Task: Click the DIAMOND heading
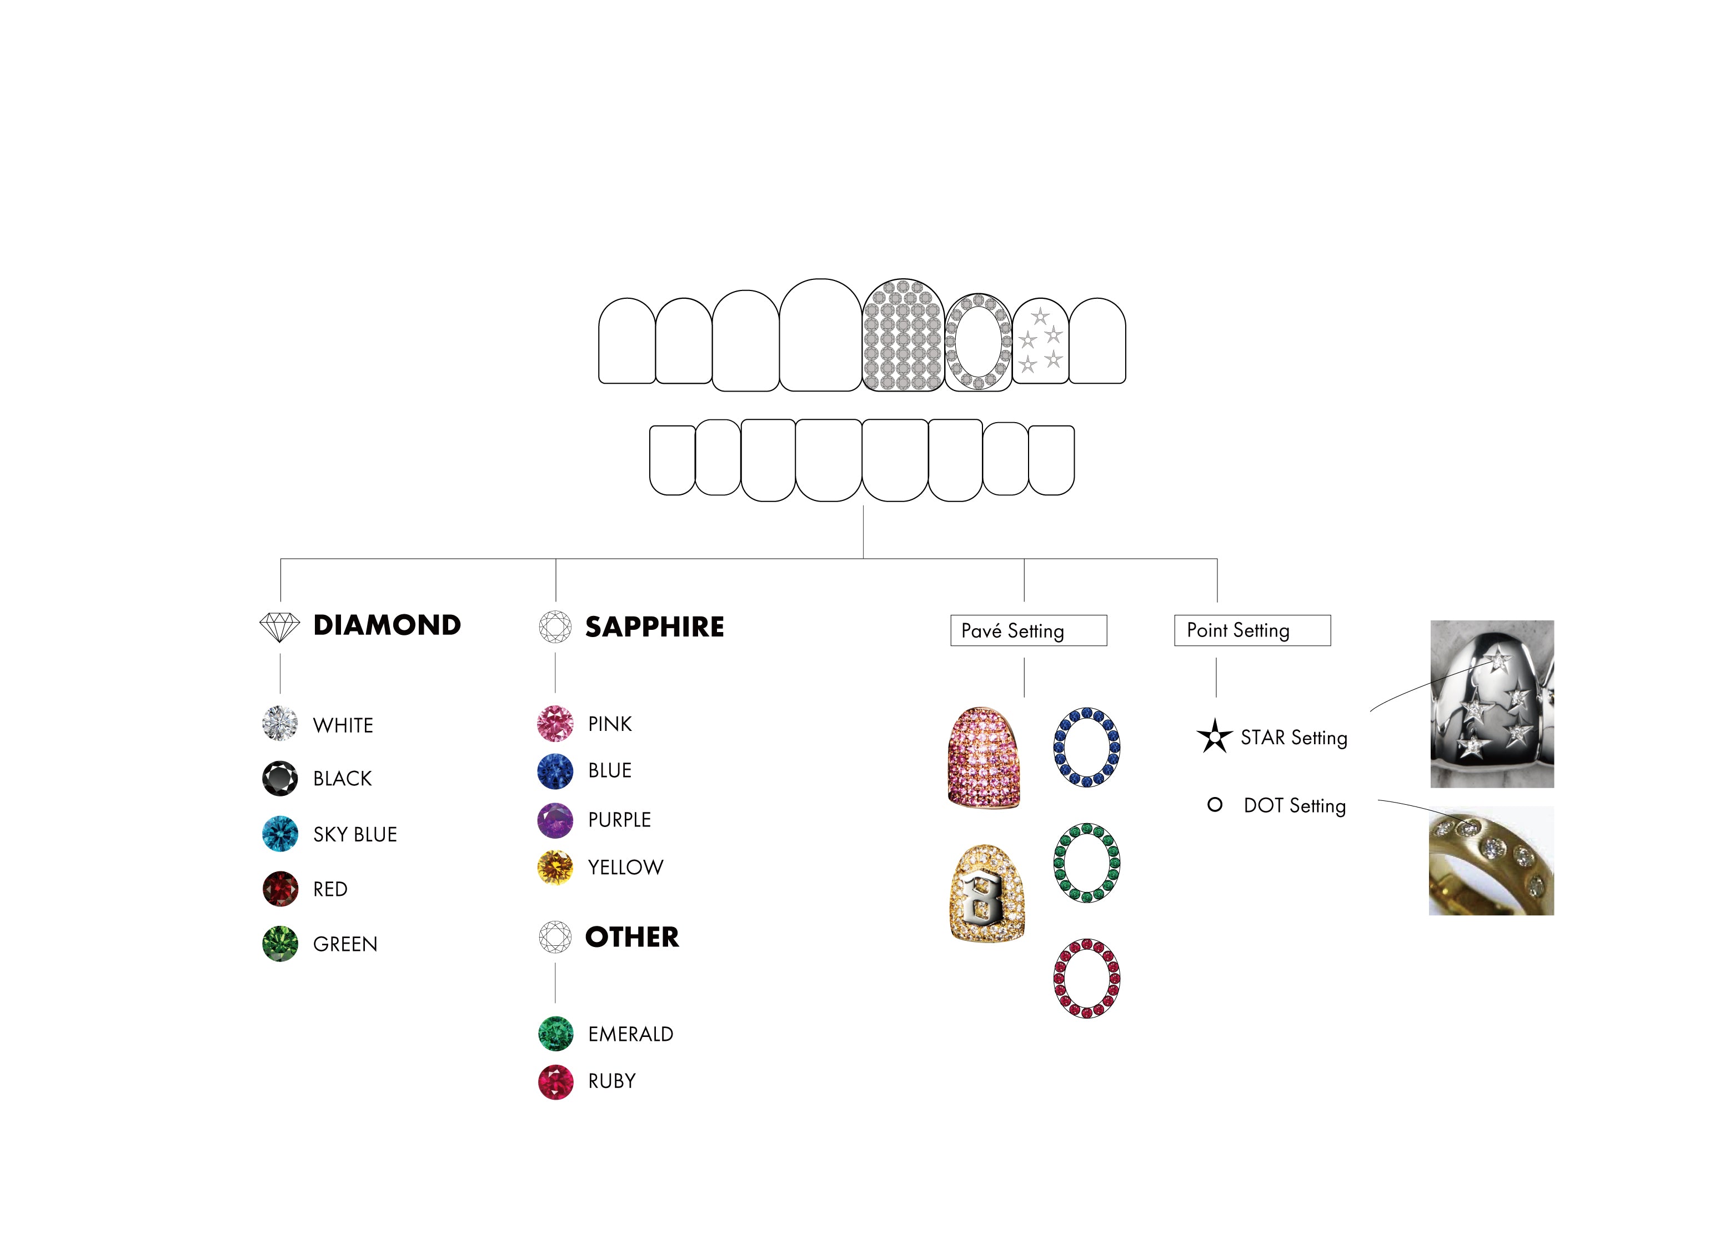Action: (x=387, y=625)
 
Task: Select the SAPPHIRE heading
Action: (x=654, y=627)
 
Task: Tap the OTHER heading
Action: (x=631, y=938)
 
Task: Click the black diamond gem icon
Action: (x=280, y=778)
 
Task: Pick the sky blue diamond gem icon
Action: (x=280, y=834)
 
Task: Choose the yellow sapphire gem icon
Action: (x=555, y=867)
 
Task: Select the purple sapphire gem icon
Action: (x=555, y=820)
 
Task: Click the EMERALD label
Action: (x=630, y=1034)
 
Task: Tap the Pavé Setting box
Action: (x=1028, y=631)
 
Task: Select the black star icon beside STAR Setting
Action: (x=1214, y=736)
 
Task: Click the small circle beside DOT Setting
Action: (x=1215, y=805)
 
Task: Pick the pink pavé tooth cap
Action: (x=984, y=758)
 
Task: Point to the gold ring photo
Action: (x=1491, y=861)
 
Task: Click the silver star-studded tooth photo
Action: (x=1491, y=704)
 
